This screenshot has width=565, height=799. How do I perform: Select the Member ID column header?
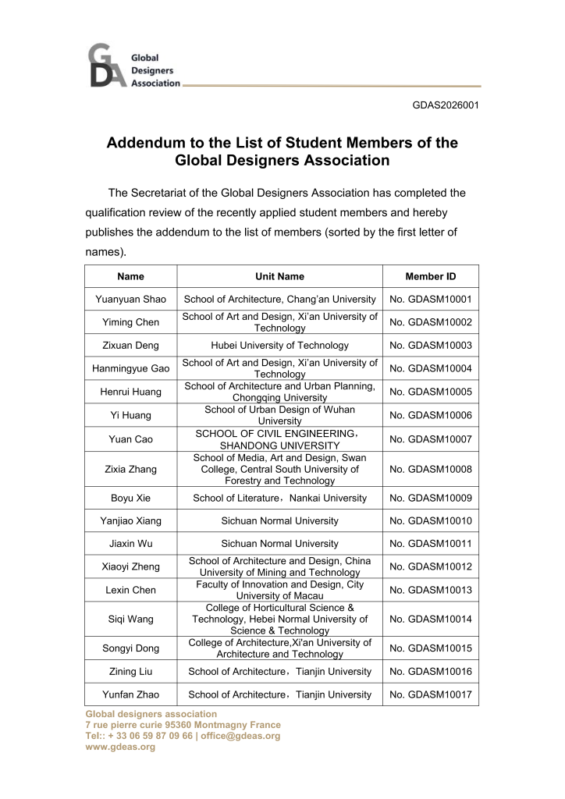[430, 276]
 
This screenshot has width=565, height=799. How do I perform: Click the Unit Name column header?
[279, 276]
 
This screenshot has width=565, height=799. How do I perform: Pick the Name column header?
[130, 276]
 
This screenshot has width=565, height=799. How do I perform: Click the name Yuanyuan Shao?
[130, 300]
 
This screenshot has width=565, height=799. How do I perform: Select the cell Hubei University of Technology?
[279, 346]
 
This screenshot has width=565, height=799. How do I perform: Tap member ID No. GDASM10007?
[430, 439]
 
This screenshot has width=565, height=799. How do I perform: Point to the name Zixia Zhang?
[130, 470]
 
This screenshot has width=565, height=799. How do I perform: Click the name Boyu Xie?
[130, 499]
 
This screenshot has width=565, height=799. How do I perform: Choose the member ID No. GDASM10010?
[430, 521]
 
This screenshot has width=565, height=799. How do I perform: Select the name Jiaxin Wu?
[130, 544]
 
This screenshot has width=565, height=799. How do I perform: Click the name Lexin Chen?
[130, 590]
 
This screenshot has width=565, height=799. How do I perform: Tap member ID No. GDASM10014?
[430, 620]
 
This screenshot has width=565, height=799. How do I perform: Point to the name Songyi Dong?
[130, 648]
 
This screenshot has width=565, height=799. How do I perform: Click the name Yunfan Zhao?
[130, 694]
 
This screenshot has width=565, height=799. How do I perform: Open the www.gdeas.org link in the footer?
[120, 747]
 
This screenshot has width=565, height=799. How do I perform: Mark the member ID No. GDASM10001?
[430, 300]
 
